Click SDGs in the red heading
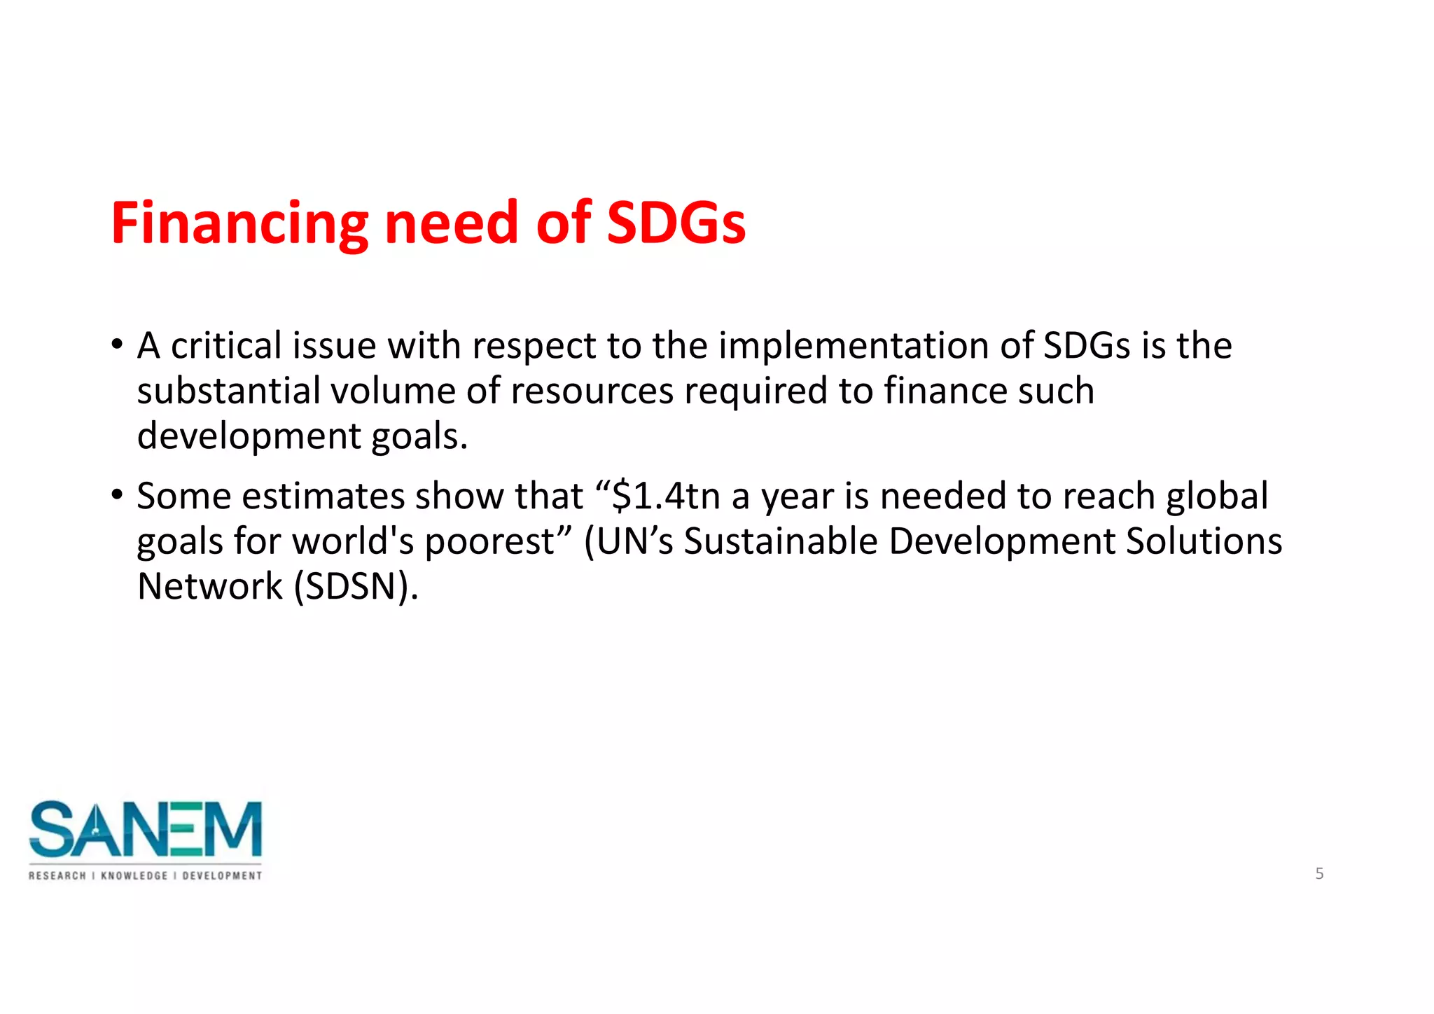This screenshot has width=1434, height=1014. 676,224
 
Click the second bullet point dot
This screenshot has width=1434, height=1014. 117,495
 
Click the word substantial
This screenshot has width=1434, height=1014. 228,391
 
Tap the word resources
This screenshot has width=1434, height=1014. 592,391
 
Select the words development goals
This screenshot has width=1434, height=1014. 301,437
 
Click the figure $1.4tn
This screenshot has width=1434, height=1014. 666,496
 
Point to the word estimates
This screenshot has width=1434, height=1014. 322,496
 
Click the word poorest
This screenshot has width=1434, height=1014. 489,542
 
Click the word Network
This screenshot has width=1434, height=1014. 209,587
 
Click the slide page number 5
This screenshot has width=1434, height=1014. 1319,874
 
